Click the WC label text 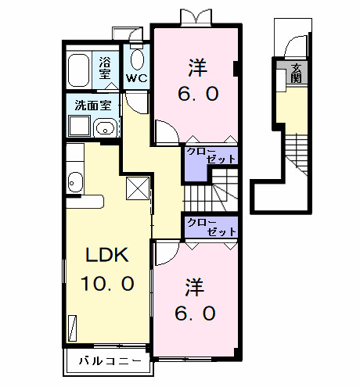[138, 78]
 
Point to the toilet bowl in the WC [138, 59]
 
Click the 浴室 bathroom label [105, 66]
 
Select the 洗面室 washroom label [92, 105]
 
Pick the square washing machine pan [79, 127]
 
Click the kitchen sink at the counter [74, 181]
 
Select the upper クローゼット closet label [211, 155]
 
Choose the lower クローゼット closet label [211, 227]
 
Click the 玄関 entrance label [297, 74]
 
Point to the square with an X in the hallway [137, 188]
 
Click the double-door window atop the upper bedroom [193, 16]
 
